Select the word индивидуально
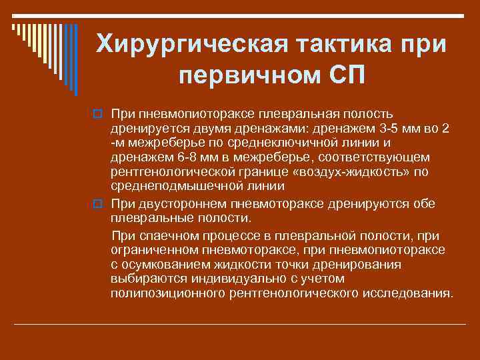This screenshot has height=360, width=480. click(x=213, y=279)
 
